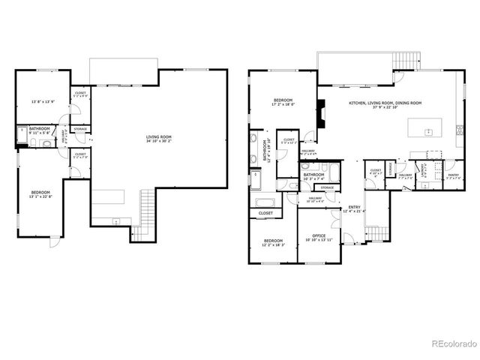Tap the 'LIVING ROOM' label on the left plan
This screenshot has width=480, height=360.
click(x=159, y=136)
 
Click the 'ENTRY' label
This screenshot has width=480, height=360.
click(x=353, y=208)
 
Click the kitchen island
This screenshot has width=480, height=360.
click(x=427, y=128)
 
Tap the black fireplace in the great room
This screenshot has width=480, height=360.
click(x=321, y=117)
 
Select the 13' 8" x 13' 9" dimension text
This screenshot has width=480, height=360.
click(x=42, y=101)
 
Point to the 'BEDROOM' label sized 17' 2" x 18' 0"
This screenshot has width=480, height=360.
click(x=283, y=100)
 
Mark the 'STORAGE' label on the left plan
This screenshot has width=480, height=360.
click(x=80, y=129)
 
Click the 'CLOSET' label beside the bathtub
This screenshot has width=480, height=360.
click(x=265, y=214)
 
